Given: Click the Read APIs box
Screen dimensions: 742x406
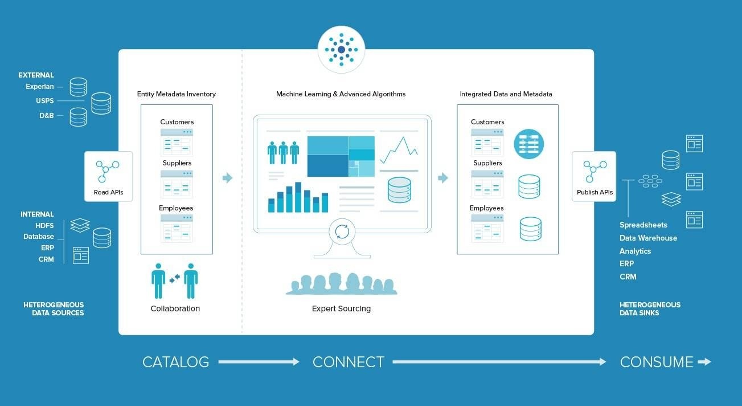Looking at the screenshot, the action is pyautogui.click(x=108, y=176).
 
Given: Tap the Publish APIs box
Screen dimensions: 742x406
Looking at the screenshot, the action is pyautogui.click(x=595, y=176).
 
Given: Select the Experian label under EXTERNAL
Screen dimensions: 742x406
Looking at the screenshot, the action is pyautogui.click(x=40, y=87).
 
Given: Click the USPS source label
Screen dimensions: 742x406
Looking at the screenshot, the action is pyautogui.click(x=45, y=100).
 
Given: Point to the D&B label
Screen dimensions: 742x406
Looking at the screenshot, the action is pyautogui.click(x=46, y=115).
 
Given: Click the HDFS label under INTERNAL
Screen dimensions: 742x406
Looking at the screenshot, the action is pyautogui.click(x=44, y=226).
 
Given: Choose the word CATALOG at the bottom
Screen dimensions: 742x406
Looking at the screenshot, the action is pyautogui.click(x=176, y=362).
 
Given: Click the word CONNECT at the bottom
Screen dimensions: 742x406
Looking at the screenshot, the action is pyautogui.click(x=348, y=362).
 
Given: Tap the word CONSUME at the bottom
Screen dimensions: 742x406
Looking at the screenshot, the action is pyautogui.click(x=657, y=362).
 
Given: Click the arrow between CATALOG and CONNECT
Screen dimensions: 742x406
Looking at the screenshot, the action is pyautogui.click(x=259, y=362).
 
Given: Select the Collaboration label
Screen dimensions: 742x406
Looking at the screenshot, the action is pyautogui.click(x=175, y=308).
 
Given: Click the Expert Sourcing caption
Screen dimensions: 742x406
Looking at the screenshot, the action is pyautogui.click(x=341, y=308).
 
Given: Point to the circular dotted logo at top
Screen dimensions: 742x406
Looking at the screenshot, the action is pyautogui.click(x=342, y=50).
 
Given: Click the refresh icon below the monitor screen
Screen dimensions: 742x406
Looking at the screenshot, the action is pyautogui.click(x=342, y=232).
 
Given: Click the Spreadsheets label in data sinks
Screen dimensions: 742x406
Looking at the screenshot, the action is pyautogui.click(x=643, y=225).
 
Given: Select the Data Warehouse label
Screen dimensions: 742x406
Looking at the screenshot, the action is pyautogui.click(x=648, y=238).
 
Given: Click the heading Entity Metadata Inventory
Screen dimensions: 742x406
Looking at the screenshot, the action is pyautogui.click(x=176, y=94).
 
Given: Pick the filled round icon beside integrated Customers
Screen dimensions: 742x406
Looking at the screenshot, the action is pyautogui.click(x=528, y=144).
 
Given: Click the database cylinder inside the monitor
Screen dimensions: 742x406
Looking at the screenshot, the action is pyautogui.click(x=400, y=190).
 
